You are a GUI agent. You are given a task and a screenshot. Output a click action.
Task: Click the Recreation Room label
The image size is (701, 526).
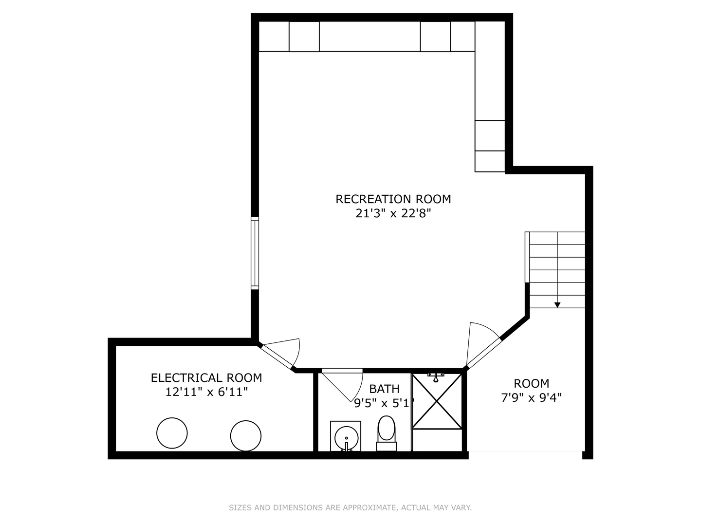point(393,199)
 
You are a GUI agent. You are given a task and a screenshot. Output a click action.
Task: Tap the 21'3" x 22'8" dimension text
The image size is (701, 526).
point(393,213)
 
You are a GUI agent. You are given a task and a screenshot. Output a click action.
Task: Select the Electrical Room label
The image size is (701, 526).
point(206,378)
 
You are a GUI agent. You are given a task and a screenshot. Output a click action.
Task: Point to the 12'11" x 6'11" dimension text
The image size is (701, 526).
point(206,392)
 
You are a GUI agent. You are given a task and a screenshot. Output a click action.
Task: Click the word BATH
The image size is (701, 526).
point(384,389)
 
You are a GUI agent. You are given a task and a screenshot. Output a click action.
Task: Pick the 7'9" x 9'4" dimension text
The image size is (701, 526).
point(531,398)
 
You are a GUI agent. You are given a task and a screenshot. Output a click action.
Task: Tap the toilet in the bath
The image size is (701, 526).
point(387,433)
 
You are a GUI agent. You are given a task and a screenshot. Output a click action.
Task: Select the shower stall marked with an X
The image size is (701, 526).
point(437,401)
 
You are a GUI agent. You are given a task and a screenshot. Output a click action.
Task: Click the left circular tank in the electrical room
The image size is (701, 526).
point(172,433)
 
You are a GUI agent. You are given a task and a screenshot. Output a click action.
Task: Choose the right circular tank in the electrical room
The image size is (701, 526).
point(245,436)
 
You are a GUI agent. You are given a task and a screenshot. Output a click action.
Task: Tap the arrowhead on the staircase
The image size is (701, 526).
point(557,305)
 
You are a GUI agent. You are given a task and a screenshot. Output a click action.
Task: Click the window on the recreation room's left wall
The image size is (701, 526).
point(255,253)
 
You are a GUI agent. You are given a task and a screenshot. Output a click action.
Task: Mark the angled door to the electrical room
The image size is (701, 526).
point(277,355)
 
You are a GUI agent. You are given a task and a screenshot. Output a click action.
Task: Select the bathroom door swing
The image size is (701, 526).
point(342,385)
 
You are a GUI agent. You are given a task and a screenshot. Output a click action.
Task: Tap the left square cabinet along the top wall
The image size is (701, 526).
point(304,37)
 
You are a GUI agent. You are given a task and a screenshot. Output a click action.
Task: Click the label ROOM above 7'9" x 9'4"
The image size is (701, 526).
point(532,384)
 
